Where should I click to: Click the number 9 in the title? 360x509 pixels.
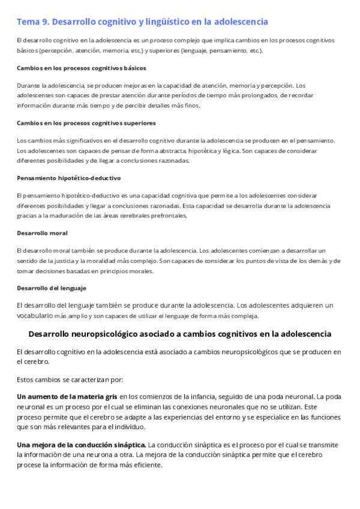(46, 22)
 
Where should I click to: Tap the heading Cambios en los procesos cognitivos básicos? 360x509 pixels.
(81, 68)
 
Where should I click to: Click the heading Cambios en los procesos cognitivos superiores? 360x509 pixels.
(86, 122)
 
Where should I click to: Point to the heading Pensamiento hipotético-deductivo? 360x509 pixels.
(69, 178)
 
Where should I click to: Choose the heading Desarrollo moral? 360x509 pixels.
(42, 232)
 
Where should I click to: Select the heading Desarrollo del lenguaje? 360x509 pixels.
(52, 288)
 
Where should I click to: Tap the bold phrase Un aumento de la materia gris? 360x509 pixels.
(67, 396)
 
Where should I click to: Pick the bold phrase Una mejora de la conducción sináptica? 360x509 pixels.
(81, 444)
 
